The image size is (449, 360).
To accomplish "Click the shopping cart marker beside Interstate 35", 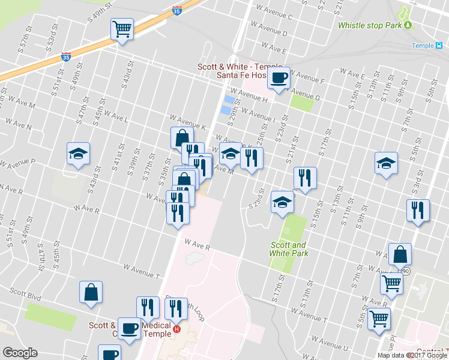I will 122,29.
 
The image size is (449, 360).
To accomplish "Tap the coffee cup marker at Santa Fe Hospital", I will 279,78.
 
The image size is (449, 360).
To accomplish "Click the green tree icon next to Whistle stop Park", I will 408,25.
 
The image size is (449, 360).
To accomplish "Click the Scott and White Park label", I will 289,249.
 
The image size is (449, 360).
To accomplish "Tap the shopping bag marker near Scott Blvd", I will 91,292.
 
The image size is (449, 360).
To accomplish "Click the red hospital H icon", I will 176,329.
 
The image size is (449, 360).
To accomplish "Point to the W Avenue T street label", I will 142,271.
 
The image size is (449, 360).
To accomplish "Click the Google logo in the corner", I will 20,353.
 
